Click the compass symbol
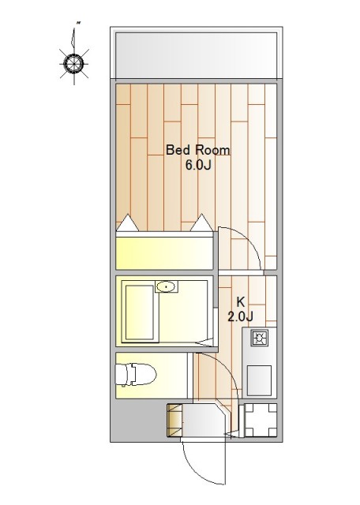point(73,62)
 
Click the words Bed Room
point(197,151)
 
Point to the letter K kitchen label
point(241,301)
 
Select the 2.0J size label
point(240,316)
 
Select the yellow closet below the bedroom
point(166,252)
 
